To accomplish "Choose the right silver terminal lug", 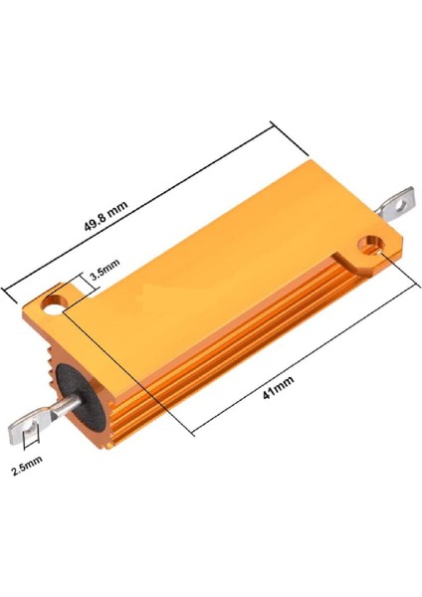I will pos(398,204).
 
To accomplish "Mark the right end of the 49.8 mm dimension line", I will pos(272,123).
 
